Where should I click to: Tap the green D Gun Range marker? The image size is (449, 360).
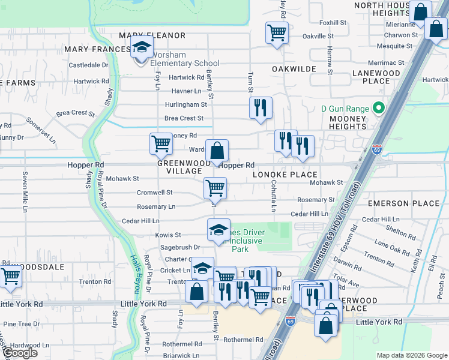(378, 109)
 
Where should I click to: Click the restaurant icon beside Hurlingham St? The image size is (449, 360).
(261, 107)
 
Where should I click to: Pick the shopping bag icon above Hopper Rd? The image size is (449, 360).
(217, 150)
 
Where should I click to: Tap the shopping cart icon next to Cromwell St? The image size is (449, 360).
(215, 188)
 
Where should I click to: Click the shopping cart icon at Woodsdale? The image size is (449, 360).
(10, 277)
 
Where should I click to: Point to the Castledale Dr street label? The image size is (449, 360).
(88, 65)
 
